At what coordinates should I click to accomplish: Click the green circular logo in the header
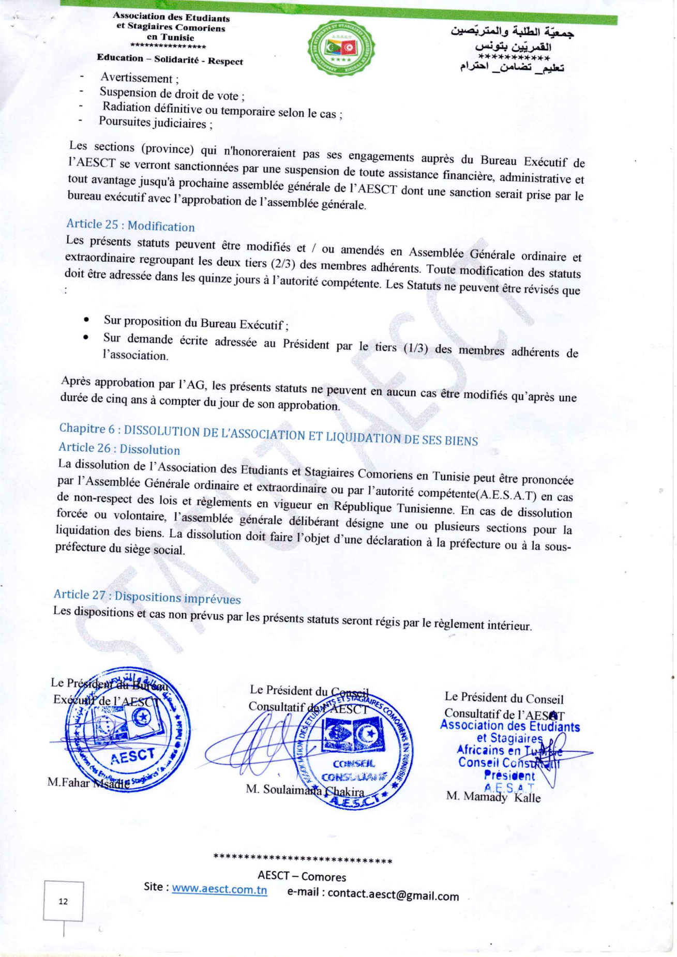pyautogui.click(x=341, y=50)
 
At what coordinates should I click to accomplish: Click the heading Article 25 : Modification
pyautogui.click(x=130, y=225)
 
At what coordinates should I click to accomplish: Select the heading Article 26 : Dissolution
pyautogui.click(x=119, y=448)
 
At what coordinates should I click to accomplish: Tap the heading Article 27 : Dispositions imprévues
pyautogui.click(x=147, y=597)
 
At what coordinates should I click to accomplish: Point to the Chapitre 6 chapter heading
pyautogui.click(x=268, y=434)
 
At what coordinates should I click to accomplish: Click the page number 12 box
pyautogui.click(x=63, y=901)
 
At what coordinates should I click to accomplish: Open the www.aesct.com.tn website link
pyautogui.click(x=219, y=889)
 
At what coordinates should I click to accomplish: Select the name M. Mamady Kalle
pyautogui.click(x=493, y=797)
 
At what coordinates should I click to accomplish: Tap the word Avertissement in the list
pyautogui.click(x=137, y=78)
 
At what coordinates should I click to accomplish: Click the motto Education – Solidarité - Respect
pyautogui.click(x=170, y=59)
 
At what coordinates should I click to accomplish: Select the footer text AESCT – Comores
pyautogui.click(x=302, y=876)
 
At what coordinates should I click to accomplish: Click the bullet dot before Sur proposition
pyautogui.click(x=86, y=320)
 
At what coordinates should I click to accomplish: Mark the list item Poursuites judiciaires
pyautogui.click(x=154, y=123)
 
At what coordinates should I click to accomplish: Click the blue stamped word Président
pyautogui.click(x=509, y=776)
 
